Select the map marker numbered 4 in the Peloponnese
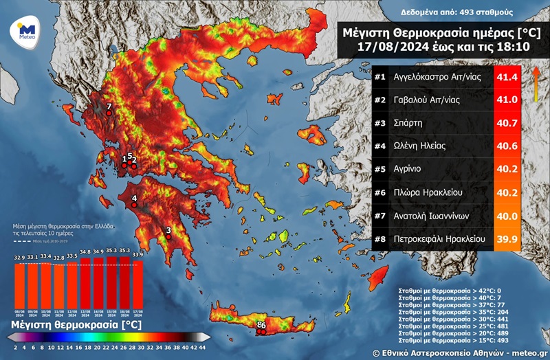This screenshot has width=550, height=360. click(135, 203)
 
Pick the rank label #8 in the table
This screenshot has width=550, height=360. click(379, 240)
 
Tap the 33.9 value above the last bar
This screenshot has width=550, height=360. click(137, 254)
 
